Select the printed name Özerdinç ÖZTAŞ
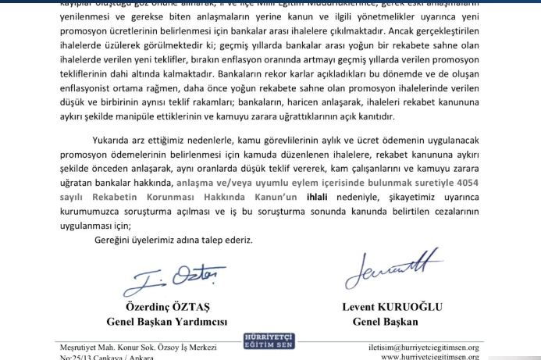click(165, 307)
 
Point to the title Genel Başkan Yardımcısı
click(166, 321)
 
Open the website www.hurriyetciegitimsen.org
click(430, 357)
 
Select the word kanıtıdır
click(372, 116)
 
